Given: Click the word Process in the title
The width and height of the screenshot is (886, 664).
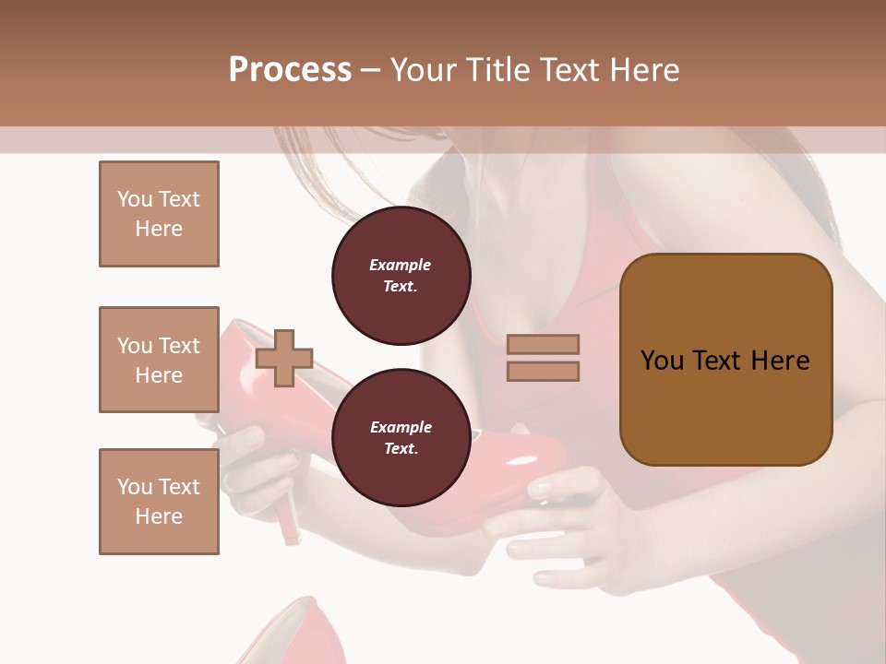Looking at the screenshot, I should (290, 70).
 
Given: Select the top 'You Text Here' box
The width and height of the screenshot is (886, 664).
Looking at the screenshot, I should (159, 214).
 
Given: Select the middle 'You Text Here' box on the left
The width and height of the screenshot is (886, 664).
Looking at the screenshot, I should (159, 360).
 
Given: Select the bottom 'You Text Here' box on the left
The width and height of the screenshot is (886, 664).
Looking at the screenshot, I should (159, 502).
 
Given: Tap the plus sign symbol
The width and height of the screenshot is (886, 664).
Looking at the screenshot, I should (284, 358).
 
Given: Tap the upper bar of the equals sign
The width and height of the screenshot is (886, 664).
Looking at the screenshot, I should (543, 345).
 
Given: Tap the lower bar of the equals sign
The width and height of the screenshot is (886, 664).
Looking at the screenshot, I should (543, 371).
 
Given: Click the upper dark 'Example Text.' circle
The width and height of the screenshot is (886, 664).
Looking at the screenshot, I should (401, 276).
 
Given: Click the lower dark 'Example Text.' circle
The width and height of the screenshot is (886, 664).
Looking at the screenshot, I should (401, 438).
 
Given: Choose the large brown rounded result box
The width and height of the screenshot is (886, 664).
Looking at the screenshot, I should (725, 360).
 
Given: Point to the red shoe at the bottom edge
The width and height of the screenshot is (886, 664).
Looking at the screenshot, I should (295, 636).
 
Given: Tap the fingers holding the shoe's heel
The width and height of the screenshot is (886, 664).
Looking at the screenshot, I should (245, 470).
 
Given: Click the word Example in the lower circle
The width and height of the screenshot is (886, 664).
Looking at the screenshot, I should (401, 427).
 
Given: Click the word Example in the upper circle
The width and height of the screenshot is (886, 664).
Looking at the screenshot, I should (401, 265).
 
